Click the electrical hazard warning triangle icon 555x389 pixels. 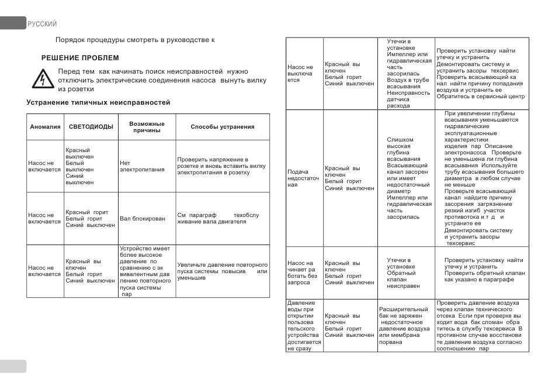point(41,79)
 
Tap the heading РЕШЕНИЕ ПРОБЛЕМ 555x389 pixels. point(80,58)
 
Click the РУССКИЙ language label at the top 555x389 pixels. point(42,24)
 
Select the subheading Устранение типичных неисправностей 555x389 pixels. point(98,102)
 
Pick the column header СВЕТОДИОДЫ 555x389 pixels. point(91,127)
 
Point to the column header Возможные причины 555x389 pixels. point(146,127)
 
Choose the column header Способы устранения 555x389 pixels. point(223,127)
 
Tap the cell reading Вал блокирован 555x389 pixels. point(142,218)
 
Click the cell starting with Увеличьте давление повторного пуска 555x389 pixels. point(222,271)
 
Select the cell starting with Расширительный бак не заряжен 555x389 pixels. point(405,325)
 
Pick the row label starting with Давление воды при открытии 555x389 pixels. point(301,325)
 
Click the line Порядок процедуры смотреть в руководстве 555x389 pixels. point(135,40)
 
